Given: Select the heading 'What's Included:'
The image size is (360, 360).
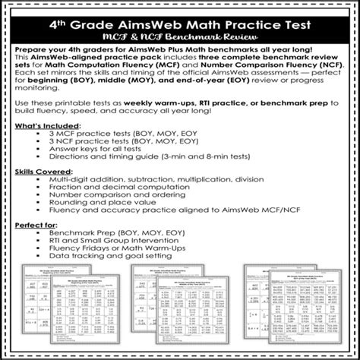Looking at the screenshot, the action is pyautogui.click(x=47, y=123).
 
